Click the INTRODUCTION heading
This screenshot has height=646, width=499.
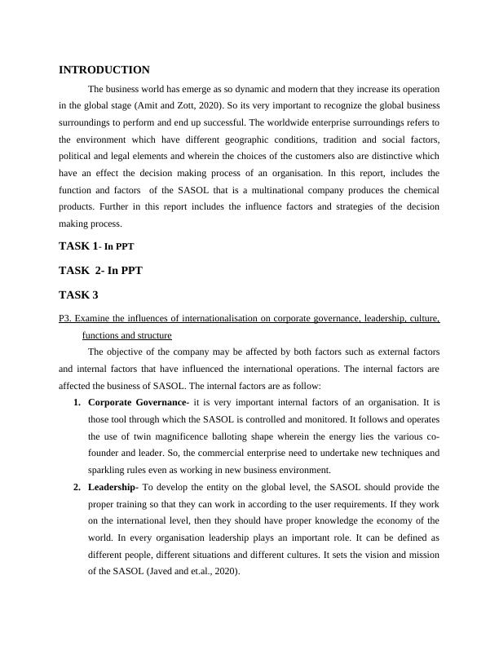coord(104,70)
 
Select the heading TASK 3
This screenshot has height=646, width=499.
coord(78,294)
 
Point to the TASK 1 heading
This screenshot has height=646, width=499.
coord(96,246)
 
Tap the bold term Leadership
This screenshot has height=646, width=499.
coord(113,487)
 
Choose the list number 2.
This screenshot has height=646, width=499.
coord(77,487)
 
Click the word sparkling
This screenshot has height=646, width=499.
coord(109,470)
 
